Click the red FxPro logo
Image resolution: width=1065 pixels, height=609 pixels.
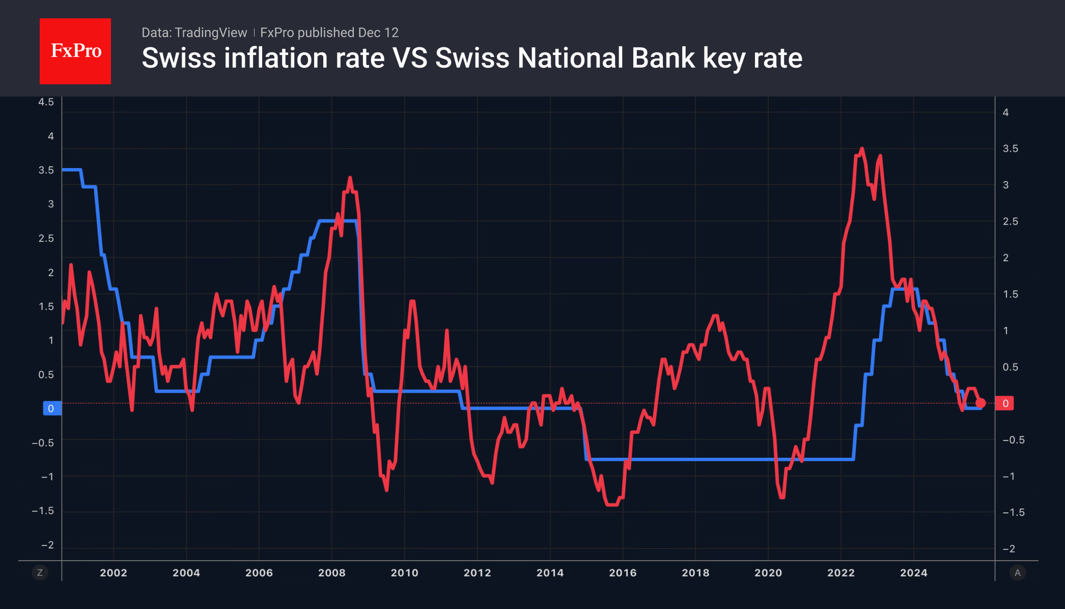[75, 51]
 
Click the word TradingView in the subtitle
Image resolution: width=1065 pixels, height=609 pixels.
[210, 33]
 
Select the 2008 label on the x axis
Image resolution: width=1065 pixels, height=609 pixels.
[332, 573]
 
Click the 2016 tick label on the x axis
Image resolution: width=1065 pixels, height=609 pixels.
[623, 573]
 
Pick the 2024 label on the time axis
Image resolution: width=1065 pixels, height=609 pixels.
[914, 573]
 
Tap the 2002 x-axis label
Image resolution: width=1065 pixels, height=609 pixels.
[114, 573]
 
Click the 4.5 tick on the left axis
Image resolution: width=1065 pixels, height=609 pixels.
[46, 102]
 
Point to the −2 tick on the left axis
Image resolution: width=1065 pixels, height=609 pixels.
[47, 545]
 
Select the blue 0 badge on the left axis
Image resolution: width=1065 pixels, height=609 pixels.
[51, 408]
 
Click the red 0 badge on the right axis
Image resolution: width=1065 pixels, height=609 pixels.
[1005, 403]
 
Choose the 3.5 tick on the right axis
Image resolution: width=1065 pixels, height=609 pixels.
[1011, 149]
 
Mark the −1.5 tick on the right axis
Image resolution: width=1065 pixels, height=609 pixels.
[1013, 512]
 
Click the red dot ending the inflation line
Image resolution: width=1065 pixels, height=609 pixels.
[980, 403]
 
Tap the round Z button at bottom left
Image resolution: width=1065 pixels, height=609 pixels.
[40, 573]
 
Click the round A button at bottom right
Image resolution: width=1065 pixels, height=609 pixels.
[1018, 573]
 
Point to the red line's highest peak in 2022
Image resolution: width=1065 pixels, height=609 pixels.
[862, 149]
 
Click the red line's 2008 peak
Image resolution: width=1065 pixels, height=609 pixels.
[350, 178]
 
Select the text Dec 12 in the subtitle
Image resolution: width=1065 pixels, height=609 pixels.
[378, 33]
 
